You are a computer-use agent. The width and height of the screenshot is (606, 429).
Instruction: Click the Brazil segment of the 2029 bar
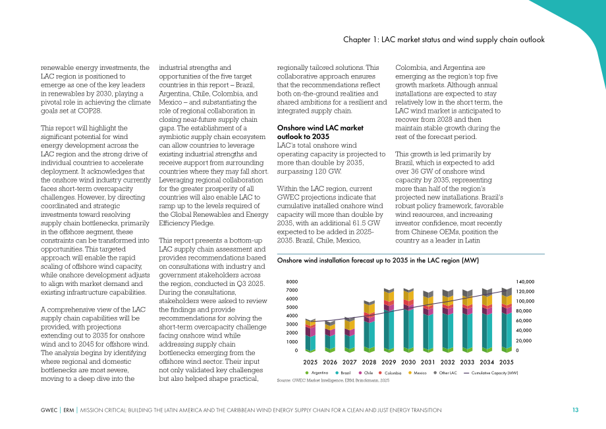[389, 329]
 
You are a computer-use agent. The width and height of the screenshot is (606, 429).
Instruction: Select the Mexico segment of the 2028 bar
[369, 308]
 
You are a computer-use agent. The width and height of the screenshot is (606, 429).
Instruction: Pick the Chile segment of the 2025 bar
[310, 331]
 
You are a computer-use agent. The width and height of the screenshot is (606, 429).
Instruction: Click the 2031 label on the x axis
[428, 362]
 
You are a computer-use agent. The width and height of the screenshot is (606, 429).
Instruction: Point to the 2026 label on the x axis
[329, 362]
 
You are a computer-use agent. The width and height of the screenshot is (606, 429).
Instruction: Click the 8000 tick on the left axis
[292, 282]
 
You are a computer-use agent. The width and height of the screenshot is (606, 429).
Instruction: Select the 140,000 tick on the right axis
[525, 282]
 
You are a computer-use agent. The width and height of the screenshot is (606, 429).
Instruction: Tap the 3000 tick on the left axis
[292, 325]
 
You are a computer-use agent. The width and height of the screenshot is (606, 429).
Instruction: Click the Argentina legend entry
[317, 373]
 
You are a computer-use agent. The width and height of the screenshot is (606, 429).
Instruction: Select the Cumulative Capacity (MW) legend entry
[491, 373]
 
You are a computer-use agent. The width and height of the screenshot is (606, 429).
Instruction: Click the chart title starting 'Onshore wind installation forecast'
[378, 260]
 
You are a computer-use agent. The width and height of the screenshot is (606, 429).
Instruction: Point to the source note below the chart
[333, 380]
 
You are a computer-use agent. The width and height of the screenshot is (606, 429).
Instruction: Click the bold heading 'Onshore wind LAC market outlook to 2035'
[320, 132]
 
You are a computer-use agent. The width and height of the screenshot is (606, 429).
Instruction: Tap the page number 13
[576, 410]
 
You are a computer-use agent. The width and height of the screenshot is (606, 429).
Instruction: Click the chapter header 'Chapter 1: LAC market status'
[444, 40]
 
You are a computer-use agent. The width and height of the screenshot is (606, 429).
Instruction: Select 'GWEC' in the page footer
[49, 410]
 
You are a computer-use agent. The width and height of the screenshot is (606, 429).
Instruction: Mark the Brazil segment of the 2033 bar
[467, 331]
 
